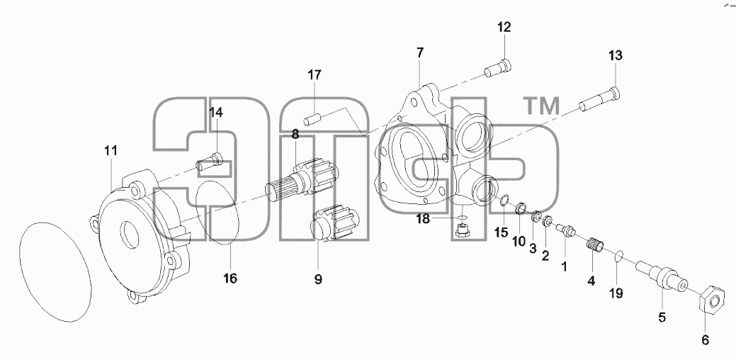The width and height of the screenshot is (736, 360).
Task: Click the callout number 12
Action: [x=504, y=28]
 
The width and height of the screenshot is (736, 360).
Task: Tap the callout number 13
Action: [x=616, y=55]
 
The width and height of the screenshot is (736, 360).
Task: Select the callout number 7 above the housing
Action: [x=419, y=52]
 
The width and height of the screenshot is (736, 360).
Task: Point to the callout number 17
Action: [x=315, y=74]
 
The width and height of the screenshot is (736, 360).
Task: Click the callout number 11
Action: [x=111, y=151]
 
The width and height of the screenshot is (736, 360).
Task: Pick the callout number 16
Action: [x=230, y=279]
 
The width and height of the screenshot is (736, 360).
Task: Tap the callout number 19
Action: [x=616, y=293]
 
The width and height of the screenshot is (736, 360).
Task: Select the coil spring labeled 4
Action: [x=595, y=245]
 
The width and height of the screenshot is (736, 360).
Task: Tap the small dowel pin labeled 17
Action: [x=312, y=118]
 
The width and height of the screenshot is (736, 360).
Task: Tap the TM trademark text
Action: [x=541, y=106]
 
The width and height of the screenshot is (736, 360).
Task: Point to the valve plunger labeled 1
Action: [x=566, y=230]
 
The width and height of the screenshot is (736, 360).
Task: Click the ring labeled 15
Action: [x=503, y=201]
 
